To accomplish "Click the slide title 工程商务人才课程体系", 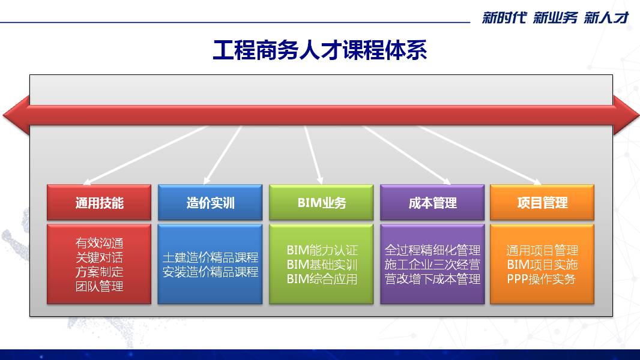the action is click(x=319, y=50).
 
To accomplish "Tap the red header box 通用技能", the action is click(x=99, y=203).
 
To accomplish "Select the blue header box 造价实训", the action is click(x=210, y=203).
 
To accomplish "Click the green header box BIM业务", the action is click(x=321, y=203).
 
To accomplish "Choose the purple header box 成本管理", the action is click(x=432, y=203).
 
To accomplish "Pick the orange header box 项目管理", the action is click(x=542, y=203).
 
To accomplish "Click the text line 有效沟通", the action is click(x=99, y=243).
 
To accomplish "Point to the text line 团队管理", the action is click(x=99, y=286).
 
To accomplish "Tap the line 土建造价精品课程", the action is click(x=210, y=257).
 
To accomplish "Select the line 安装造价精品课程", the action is click(x=210, y=272).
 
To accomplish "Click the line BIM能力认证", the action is click(x=322, y=250).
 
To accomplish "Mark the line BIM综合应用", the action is click(x=322, y=279).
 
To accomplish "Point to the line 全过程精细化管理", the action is click(x=432, y=250).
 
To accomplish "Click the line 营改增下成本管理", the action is click(x=432, y=279).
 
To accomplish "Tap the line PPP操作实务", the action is click(x=541, y=279).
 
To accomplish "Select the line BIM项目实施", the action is click(x=542, y=265).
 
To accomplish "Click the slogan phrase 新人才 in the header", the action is click(x=606, y=17).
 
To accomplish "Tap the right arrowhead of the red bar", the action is click(x=626, y=115).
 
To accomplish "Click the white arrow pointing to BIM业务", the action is click(x=313, y=155).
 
